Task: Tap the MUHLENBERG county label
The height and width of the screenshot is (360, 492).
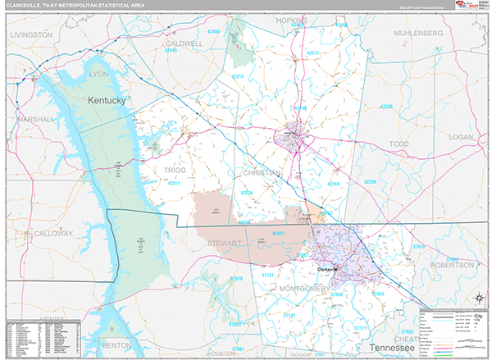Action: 417,33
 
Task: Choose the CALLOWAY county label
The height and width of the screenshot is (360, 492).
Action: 53,234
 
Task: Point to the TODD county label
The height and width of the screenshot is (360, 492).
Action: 399,144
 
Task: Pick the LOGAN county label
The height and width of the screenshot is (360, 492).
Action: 462,138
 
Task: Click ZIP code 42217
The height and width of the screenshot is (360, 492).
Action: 313,52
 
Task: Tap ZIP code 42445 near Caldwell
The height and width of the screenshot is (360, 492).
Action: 171,50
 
